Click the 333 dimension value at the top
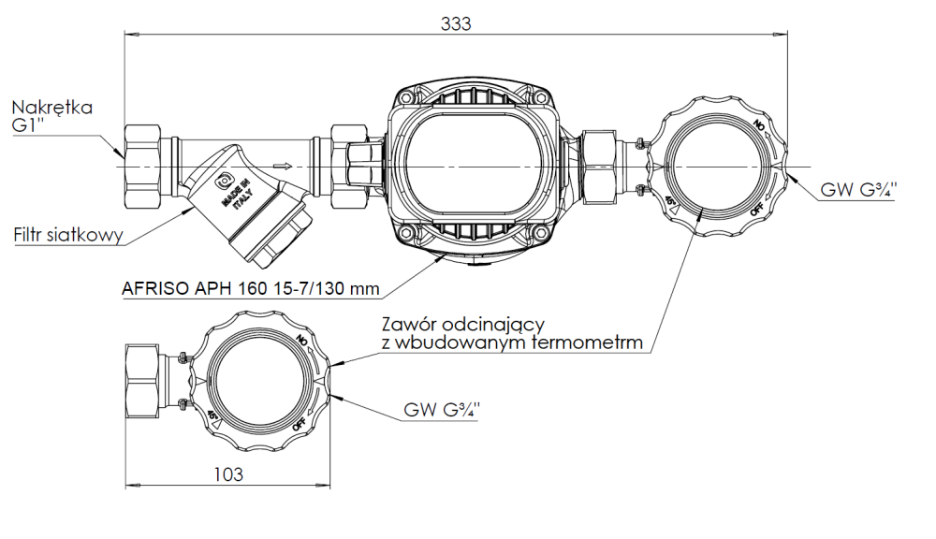(456, 24)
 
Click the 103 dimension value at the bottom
(227, 474)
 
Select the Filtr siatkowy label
(68, 236)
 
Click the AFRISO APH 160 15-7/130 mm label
(250, 288)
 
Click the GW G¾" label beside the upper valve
(858, 190)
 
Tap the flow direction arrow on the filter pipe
(280, 167)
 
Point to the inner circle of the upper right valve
(717, 166)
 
